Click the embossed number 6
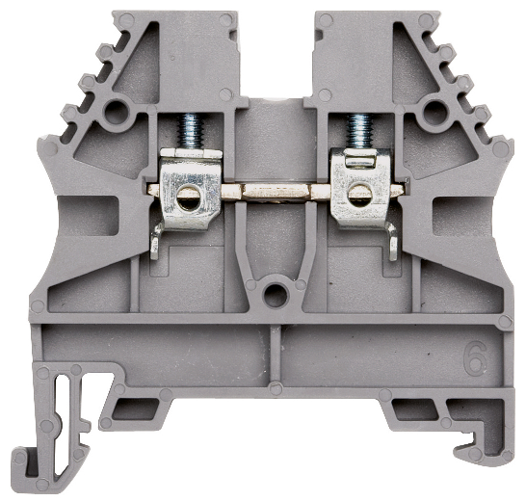[x=475, y=357]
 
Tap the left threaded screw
[x=190, y=131]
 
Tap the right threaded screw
[x=360, y=131]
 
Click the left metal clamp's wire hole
[x=188, y=198]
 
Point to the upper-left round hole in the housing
[x=115, y=111]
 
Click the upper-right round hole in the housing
[x=435, y=111]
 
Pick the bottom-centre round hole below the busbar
[x=276, y=295]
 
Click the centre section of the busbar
[x=276, y=192]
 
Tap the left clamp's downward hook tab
[x=156, y=242]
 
